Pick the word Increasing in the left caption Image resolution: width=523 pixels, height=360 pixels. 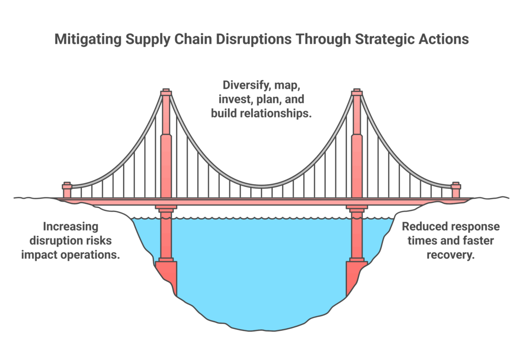70,226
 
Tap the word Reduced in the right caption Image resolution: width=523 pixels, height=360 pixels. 425,226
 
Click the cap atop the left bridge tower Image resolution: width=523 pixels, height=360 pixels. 165,92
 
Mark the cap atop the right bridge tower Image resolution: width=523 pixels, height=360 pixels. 357,92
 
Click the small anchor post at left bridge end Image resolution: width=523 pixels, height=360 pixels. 67,189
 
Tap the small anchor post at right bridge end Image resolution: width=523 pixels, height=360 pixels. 456,189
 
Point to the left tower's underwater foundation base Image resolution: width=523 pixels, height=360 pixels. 167,276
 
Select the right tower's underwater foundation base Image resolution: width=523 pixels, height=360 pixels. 356,276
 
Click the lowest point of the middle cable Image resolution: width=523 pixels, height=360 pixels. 261,186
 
